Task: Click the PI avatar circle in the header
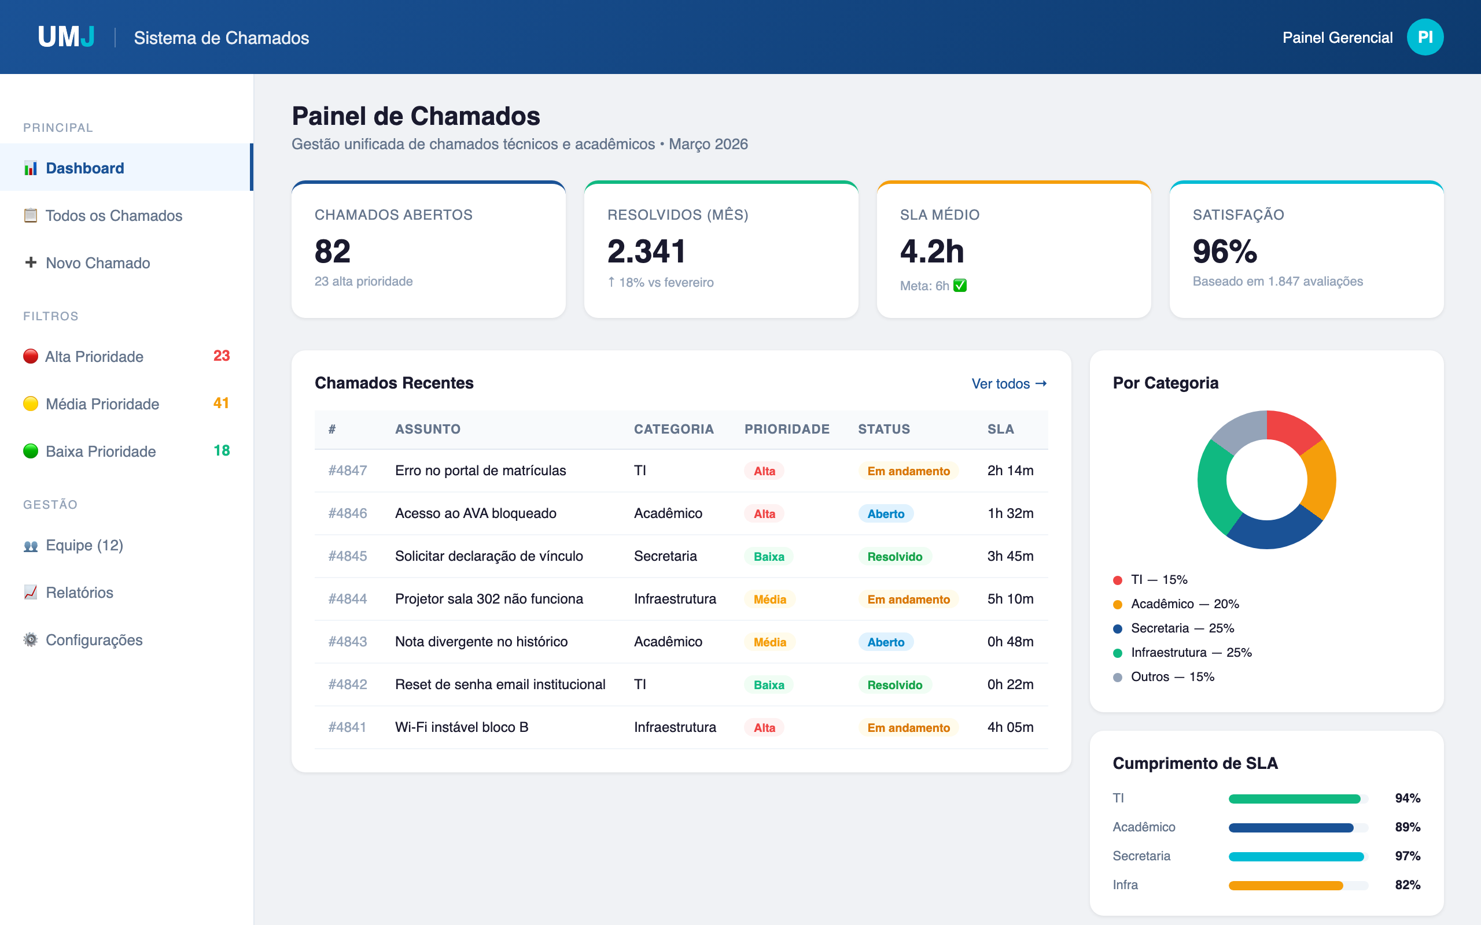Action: (x=1425, y=38)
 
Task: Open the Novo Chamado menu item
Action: (x=97, y=263)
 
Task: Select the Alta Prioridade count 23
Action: (x=221, y=356)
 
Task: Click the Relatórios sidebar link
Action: (x=79, y=592)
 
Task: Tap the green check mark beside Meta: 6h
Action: (x=960, y=286)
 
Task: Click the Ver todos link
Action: (x=1008, y=383)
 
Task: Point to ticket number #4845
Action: (x=348, y=556)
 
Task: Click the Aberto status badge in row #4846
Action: (x=885, y=514)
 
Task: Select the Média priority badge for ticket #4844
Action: (x=769, y=600)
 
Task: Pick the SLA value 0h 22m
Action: (x=1010, y=684)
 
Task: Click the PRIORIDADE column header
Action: (x=786, y=430)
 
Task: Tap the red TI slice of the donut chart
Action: (x=1292, y=430)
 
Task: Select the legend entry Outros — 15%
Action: (x=1171, y=677)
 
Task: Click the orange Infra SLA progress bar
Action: (x=1285, y=885)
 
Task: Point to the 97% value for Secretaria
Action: (x=1407, y=856)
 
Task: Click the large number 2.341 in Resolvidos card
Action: (x=646, y=251)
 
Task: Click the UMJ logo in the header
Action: (x=66, y=38)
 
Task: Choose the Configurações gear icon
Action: (x=31, y=640)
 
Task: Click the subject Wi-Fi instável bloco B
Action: (x=462, y=727)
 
